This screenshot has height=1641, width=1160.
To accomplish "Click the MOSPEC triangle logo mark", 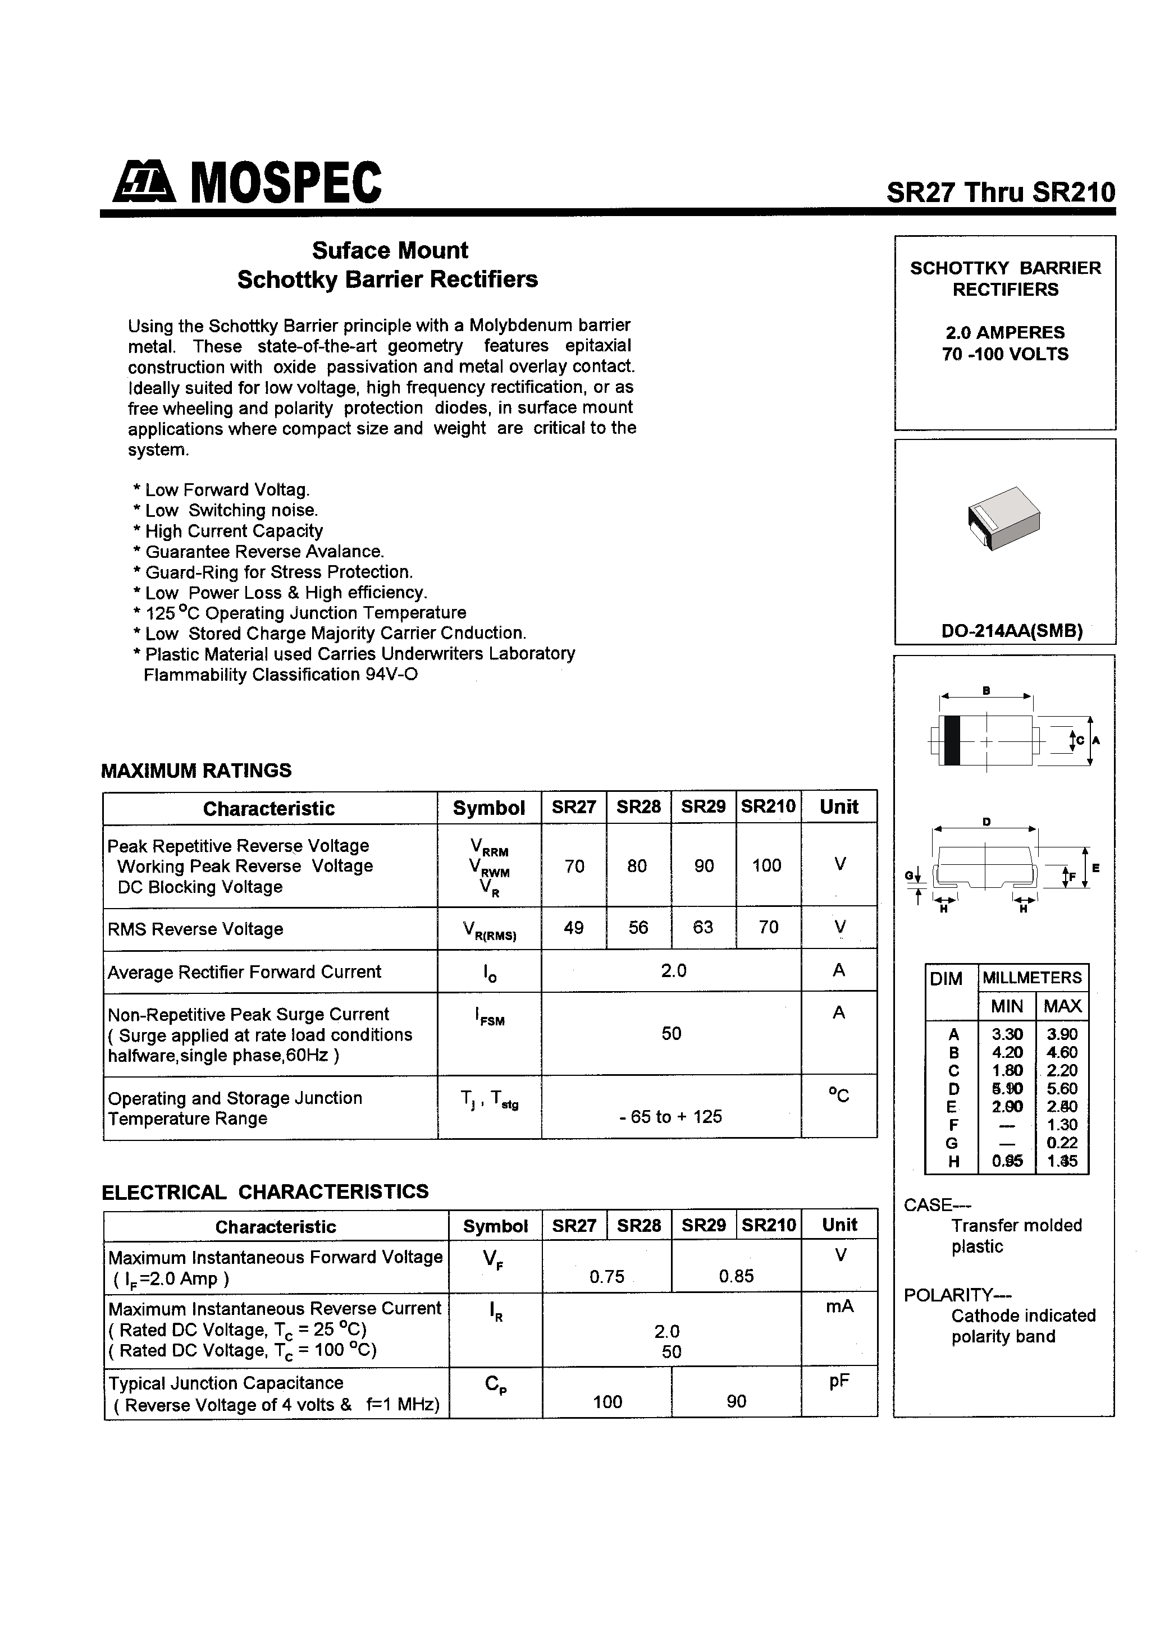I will [144, 181].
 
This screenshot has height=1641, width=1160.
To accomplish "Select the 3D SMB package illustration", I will [1003, 517].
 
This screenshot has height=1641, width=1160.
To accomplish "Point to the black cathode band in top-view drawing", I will [952, 740].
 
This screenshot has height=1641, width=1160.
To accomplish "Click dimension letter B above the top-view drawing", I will [986, 690].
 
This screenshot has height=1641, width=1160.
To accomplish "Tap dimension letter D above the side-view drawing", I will [986, 822].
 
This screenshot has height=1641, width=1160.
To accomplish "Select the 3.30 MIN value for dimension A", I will [1007, 1034].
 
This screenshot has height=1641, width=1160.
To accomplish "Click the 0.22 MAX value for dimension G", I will [1061, 1143].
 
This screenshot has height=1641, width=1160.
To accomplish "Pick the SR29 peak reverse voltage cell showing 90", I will [704, 865].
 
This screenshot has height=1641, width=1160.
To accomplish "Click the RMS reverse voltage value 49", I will [574, 928].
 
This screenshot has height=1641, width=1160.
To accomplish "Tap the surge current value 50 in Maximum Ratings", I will [671, 1034].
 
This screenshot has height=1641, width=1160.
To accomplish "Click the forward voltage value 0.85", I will [736, 1276].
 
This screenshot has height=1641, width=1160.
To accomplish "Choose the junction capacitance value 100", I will [607, 1401].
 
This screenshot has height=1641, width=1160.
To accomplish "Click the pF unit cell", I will [839, 1382].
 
